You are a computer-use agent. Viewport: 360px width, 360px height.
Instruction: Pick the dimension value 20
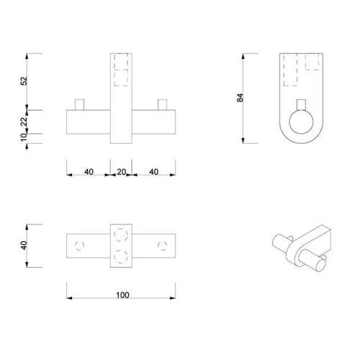click(121, 171)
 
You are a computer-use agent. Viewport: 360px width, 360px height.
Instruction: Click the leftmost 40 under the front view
click(89, 171)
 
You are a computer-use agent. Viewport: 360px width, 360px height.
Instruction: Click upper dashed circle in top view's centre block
click(121, 234)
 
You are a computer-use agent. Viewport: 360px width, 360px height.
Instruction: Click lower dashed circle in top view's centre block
click(121, 255)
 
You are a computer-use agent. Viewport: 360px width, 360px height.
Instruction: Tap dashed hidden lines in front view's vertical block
click(121, 69)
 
